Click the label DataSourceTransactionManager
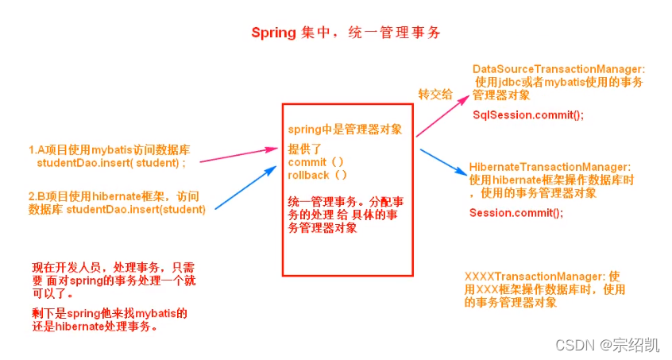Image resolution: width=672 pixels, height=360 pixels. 558,69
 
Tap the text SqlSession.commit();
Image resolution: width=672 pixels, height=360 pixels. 527,115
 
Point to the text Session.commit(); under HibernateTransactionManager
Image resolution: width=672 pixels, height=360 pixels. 516,213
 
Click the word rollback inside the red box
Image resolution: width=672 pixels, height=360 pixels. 311,174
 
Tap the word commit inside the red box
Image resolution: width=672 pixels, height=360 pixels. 307,162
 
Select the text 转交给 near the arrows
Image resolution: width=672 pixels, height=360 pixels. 435,94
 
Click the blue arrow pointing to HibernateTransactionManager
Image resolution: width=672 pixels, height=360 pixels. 441,162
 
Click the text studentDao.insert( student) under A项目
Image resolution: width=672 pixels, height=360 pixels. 111,162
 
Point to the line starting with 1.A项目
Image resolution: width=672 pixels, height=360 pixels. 109,149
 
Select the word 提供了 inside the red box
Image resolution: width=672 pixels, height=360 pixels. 304,149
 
